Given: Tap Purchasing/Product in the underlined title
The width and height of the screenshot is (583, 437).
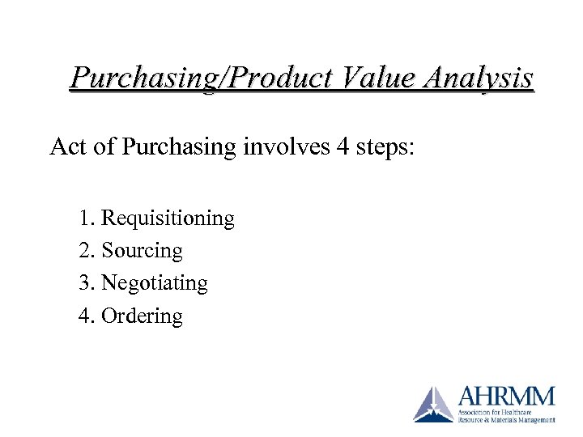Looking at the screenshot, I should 200,78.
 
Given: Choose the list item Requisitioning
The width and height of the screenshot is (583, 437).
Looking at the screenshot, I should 168,218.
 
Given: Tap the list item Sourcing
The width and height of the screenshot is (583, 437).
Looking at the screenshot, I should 142,251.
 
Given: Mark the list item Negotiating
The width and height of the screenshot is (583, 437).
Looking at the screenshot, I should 155,283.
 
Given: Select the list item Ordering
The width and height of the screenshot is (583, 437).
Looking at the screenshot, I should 142,316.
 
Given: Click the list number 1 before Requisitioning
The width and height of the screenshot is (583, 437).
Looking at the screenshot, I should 86,218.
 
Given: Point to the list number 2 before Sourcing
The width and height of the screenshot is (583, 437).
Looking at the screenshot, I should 86,251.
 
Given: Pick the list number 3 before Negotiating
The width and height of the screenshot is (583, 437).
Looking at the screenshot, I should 86,283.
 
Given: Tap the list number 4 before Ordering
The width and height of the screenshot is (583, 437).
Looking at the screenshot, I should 86,316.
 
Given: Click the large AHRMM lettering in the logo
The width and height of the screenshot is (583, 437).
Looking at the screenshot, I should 507,397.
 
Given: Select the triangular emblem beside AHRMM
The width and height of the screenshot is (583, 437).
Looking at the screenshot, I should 433,404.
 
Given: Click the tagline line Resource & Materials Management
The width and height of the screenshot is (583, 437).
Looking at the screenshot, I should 507,420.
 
